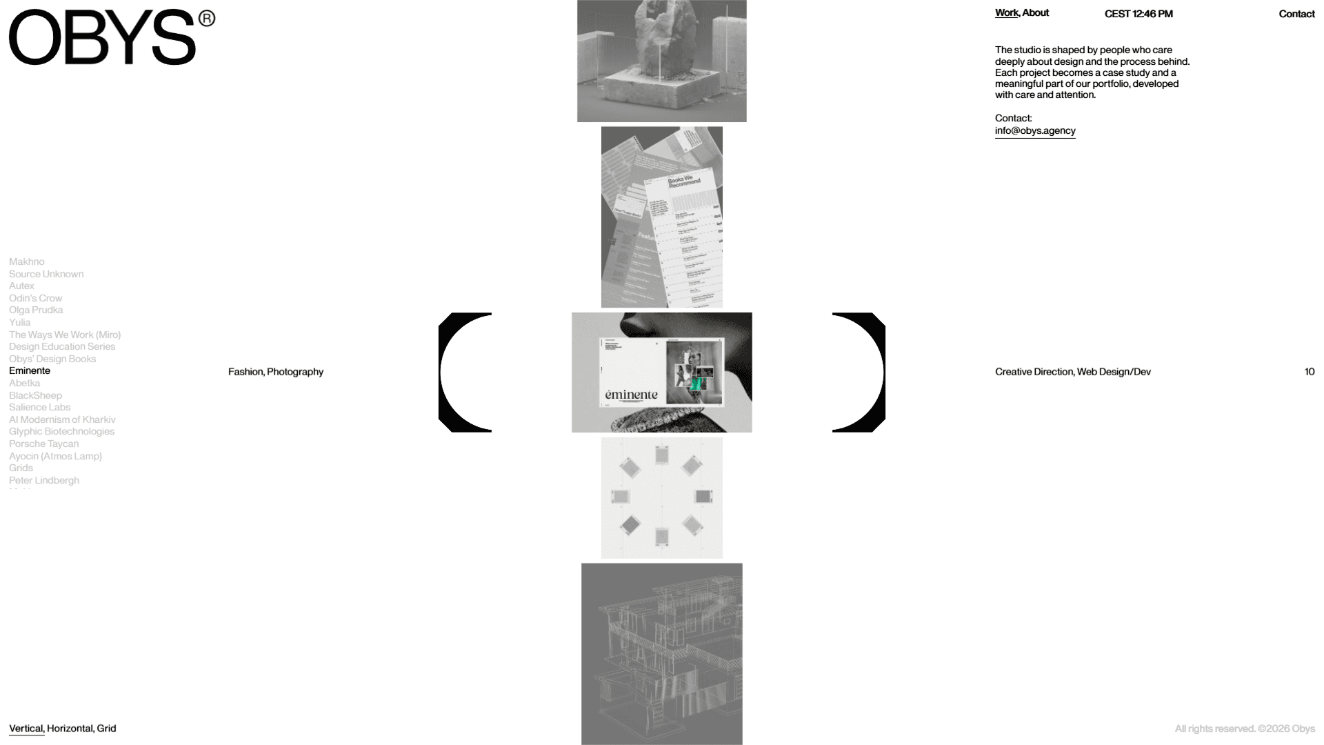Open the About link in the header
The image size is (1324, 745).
pos(1035,13)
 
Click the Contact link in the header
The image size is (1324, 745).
pos(1296,14)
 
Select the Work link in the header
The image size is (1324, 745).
pos(1006,13)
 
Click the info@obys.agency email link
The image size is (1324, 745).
pos(1034,130)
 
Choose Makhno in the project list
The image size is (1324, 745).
pos(26,261)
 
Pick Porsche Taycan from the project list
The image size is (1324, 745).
pos(43,444)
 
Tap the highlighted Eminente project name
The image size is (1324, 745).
pos(30,370)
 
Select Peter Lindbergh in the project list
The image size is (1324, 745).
pos(43,480)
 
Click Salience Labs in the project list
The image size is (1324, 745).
pos(39,407)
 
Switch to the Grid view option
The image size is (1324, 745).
pos(106,728)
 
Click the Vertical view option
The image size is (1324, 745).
pos(26,728)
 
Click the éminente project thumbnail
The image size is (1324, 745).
pos(661,372)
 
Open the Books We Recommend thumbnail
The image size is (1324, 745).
pos(661,217)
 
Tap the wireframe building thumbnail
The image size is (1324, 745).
pos(661,653)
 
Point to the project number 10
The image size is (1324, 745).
pos(1309,372)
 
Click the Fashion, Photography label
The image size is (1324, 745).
pos(275,372)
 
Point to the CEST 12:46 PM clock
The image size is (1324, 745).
pos(1138,14)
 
